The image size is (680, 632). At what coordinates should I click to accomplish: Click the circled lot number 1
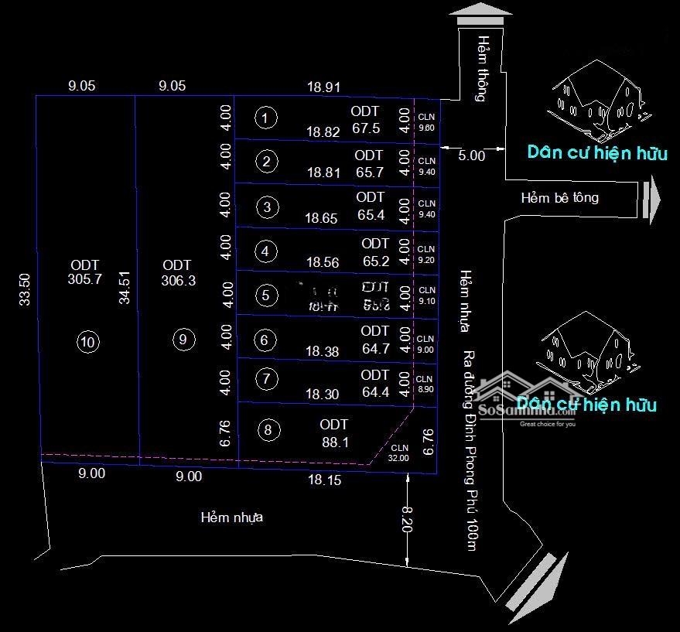click(x=265, y=118)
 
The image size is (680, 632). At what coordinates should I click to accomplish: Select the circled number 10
click(x=88, y=341)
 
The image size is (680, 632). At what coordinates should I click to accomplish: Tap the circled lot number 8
click(x=268, y=431)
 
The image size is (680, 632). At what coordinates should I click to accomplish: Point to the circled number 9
click(x=183, y=340)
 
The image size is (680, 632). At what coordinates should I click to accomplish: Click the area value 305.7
click(x=85, y=280)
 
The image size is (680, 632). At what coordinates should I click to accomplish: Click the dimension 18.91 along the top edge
click(x=323, y=87)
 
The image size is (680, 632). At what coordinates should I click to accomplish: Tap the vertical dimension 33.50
click(x=24, y=289)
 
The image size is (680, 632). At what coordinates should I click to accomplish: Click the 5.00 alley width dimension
click(x=471, y=155)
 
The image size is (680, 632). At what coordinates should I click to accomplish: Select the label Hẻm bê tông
click(x=559, y=198)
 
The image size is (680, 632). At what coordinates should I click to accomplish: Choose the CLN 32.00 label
click(x=399, y=453)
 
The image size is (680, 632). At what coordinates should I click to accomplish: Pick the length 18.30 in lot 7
click(x=322, y=395)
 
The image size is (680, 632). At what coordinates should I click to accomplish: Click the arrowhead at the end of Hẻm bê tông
click(x=652, y=199)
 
